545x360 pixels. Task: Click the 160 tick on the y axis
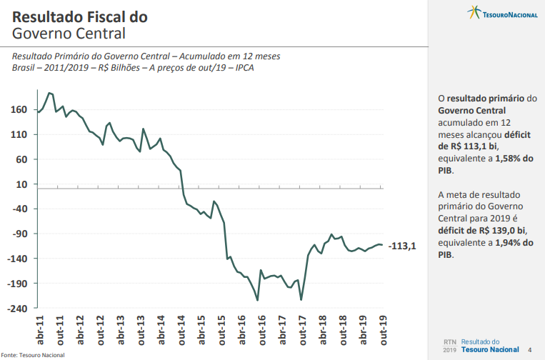click(19, 109)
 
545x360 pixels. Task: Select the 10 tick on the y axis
click(21, 184)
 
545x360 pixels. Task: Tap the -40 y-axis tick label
click(19, 209)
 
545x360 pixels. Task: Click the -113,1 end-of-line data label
click(402, 246)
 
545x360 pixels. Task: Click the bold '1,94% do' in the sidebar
click(511, 243)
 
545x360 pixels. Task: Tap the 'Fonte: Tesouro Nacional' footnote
click(33, 355)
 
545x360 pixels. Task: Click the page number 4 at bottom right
click(529, 350)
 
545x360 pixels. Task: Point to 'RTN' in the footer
click(449, 342)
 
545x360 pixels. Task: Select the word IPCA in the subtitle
click(243, 68)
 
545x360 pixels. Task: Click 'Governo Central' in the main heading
click(69, 33)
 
